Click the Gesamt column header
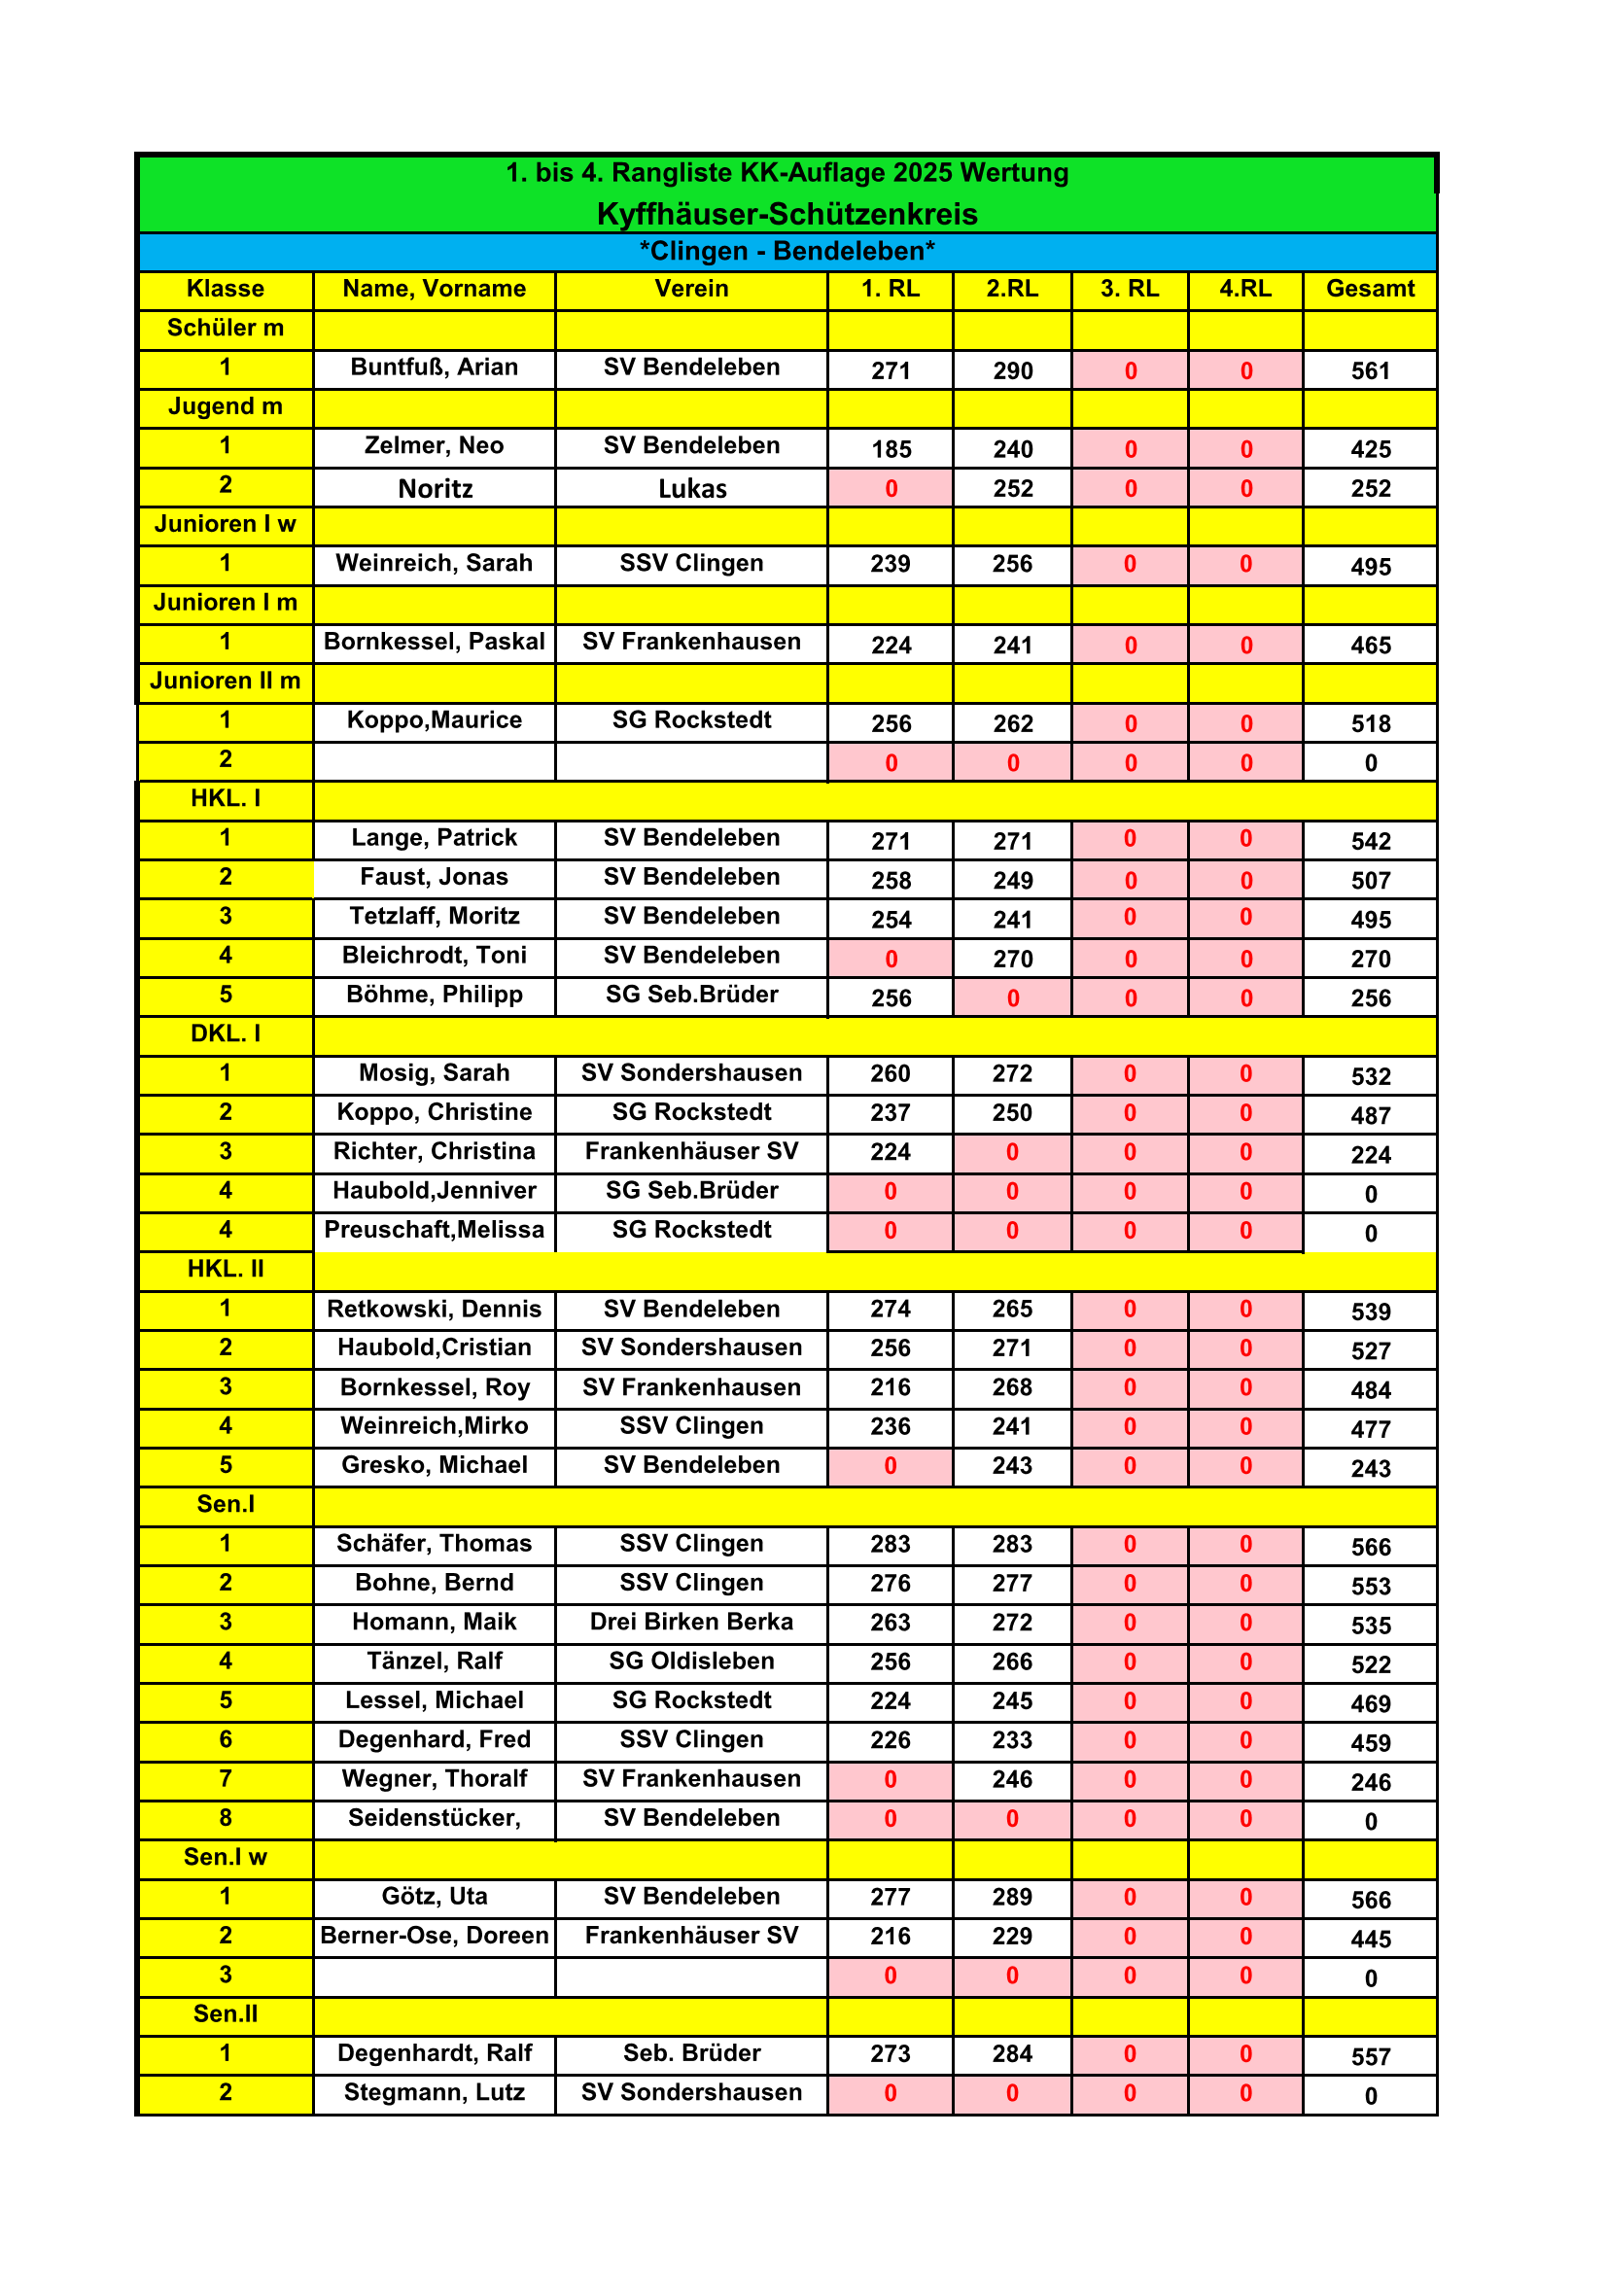tap(1370, 289)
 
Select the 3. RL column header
tap(1129, 289)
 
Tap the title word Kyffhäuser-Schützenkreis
tap(787, 214)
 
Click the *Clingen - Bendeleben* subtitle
tap(787, 252)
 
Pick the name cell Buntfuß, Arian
tap(434, 367)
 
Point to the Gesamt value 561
tap(1371, 371)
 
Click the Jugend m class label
tap(226, 407)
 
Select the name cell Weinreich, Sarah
tap(434, 564)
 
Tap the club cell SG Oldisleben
tap(691, 1661)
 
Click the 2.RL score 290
tap(1012, 371)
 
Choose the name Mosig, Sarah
tap(434, 1073)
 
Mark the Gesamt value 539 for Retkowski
tap(1371, 1312)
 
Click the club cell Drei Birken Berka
tap(691, 1623)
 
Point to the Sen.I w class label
tap(226, 1857)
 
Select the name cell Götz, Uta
tap(434, 1897)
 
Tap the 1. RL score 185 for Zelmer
tap(891, 450)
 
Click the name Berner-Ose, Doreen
tap(434, 1936)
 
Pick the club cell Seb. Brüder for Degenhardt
tap(691, 2053)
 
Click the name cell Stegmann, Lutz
tap(434, 2093)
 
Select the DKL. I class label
tap(226, 1034)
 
